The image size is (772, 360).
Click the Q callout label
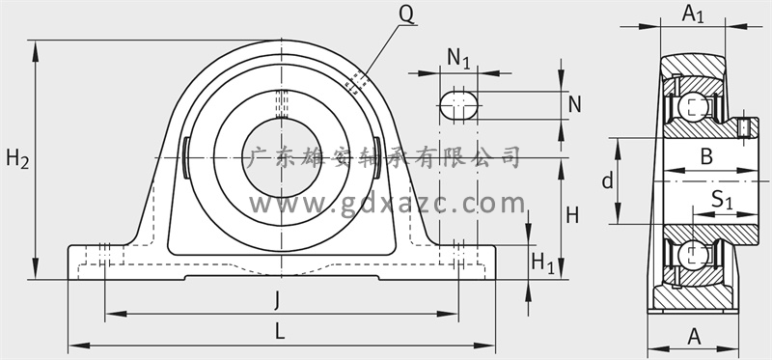click(x=406, y=14)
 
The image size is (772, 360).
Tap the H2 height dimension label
click(x=17, y=159)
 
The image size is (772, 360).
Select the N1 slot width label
click(x=459, y=59)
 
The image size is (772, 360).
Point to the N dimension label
click(x=574, y=104)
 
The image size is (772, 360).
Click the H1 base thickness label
click(x=542, y=263)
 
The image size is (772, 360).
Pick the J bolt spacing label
click(x=277, y=300)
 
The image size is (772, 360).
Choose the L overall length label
click(x=280, y=331)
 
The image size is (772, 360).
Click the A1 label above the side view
click(x=693, y=14)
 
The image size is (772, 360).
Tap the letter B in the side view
click(x=706, y=156)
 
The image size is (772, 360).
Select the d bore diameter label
click(x=608, y=180)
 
